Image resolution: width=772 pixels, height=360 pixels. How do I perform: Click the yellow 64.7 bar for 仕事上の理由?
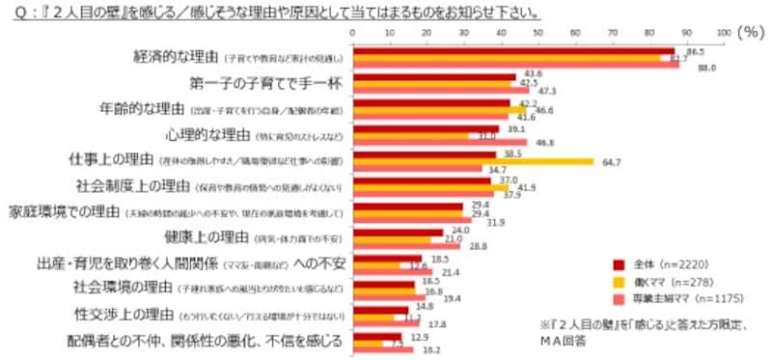[x=473, y=160]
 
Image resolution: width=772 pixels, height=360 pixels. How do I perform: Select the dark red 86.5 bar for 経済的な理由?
[x=513, y=50]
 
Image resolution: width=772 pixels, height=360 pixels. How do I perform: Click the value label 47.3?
[x=547, y=91]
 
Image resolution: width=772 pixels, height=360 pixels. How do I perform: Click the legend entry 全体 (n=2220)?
[x=663, y=263]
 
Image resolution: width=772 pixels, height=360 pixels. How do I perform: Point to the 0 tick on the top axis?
[x=353, y=33]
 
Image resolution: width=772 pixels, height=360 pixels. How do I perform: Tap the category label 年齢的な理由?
[x=145, y=108]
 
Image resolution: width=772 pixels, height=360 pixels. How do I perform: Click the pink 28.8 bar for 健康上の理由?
[x=406, y=246]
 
